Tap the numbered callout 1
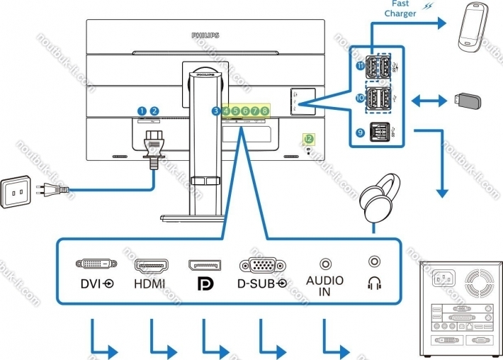pyautogui.click(x=142, y=111)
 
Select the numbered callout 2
pyautogui.click(x=154, y=111)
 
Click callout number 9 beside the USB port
pyautogui.click(x=360, y=132)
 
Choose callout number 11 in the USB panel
pyautogui.click(x=360, y=67)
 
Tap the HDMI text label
pyautogui.click(x=149, y=284)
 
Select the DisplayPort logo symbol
pyautogui.click(x=203, y=284)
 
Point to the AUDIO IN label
pyautogui.click(x=324, y=286)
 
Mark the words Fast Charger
pyautogui.click(x=400, y=9)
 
